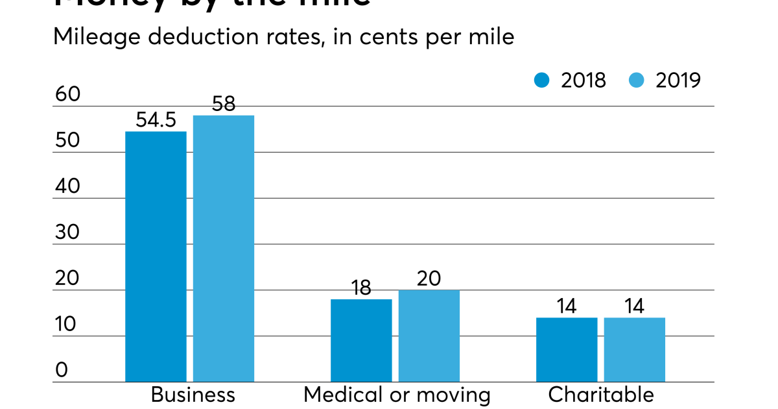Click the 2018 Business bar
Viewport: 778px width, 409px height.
(156, 256)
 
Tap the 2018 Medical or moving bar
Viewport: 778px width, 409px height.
(361, 340)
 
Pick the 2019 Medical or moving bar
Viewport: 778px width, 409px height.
(429, 336)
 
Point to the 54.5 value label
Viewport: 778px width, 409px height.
(156, 120)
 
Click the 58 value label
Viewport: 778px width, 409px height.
(224, 104)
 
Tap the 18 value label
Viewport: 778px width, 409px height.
(361, 288)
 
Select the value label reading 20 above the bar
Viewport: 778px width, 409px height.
(429, 279)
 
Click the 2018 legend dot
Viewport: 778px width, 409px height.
(541, 80)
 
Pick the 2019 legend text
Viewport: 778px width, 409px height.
(678, 80)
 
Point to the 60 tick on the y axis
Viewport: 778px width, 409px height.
(67, 94)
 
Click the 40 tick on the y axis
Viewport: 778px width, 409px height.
(67, 186)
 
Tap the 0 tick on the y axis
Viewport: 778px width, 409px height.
(62, 370)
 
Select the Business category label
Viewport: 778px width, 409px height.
(193, 395)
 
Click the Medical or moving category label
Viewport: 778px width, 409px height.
(397, 395)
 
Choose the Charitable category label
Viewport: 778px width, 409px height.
(601, 395)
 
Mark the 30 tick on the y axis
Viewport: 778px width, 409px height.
(67, 232)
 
